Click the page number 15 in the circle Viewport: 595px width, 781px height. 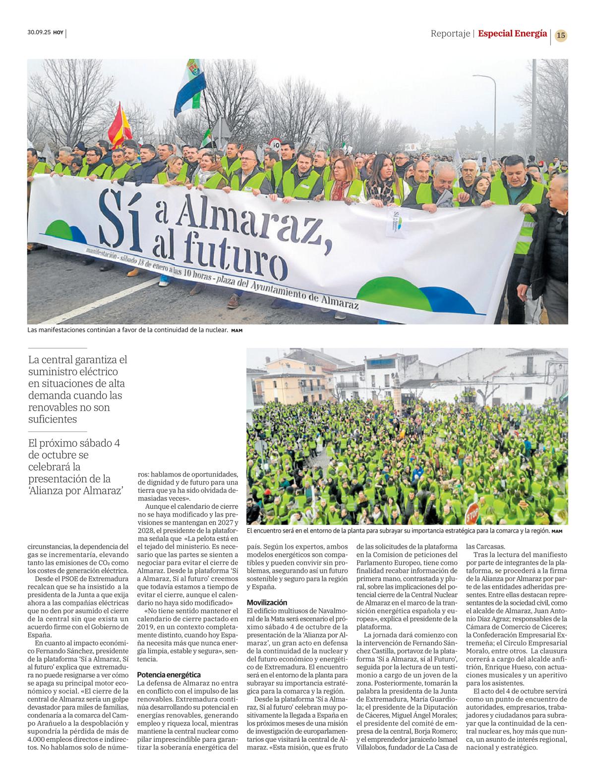click(561, 36)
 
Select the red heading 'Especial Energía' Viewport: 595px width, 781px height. click(512, 34)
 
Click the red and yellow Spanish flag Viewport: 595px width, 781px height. click(120, 126)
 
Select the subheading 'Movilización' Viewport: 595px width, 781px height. click(267, 602)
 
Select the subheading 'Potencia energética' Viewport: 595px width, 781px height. click(169, 674)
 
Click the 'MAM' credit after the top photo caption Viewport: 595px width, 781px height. click(237, 330)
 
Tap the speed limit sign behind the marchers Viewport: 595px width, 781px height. click(276, 144)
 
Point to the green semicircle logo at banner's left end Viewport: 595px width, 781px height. click(62, 230)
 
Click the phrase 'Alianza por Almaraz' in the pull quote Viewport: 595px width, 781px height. click(76, 491)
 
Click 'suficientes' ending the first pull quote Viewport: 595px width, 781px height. click(53, 419)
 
